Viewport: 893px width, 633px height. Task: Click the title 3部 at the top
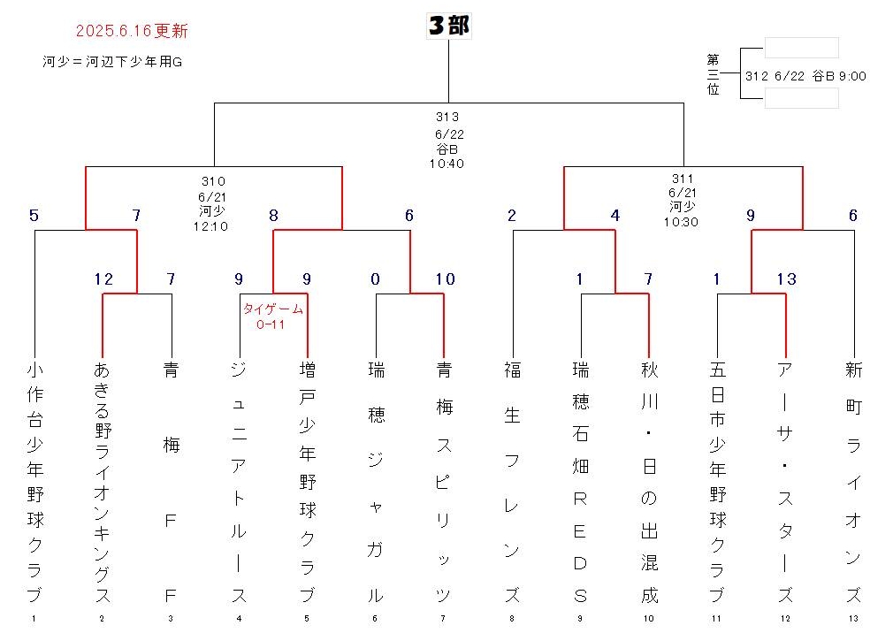coord(449,26)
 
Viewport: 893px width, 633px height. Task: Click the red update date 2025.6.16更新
coord(132,31)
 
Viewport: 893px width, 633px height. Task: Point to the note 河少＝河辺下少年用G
coord(112,62)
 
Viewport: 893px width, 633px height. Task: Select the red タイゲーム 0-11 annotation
coord(273,316)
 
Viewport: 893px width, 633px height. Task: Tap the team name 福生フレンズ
coord(512,482)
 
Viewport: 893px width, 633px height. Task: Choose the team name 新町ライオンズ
coord(853,482)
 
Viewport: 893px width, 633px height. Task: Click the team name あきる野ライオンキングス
coord(102,482)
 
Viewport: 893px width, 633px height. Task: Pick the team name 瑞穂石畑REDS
coord(580,482)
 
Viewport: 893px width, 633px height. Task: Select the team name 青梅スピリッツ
coord(444,482)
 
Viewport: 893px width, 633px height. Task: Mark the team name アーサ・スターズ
coord(785,482)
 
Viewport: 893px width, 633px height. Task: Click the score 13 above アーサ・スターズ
coord(787,279)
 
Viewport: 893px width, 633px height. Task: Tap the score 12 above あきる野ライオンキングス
coord(103,279)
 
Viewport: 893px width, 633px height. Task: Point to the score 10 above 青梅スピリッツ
coord(446,279)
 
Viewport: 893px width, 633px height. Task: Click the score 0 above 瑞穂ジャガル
coord(375,279)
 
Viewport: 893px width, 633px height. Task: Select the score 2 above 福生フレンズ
coord(511,215)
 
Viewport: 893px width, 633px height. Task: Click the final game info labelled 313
coord(447,140)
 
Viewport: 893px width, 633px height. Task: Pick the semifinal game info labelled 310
coord(212,204)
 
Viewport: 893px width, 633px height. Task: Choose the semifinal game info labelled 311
coord(682,201)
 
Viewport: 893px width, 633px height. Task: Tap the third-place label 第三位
coord(713,74)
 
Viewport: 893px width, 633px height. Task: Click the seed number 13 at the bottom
coord(853,618)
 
